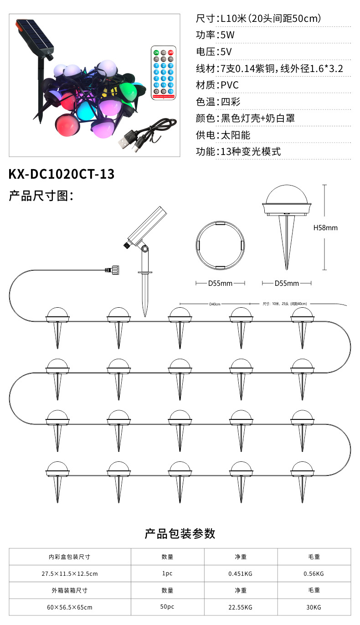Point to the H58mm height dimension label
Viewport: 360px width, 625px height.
[326, 227]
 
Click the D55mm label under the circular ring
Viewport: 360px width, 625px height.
[220, 284]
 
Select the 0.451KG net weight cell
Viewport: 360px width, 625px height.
[241, 573]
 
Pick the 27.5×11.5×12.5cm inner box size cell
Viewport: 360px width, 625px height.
[70, 573]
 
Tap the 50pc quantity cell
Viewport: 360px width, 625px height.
[167, 607]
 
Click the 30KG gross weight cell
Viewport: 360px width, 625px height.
[314, 607]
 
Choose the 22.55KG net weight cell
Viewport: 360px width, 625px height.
[241, 607]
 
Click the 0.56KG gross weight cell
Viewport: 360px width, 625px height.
[314, 573]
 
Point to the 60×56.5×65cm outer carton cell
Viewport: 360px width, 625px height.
[70, 607]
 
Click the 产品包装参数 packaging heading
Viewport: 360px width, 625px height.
[180, 534]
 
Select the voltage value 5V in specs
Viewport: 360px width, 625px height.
[225, 52]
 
